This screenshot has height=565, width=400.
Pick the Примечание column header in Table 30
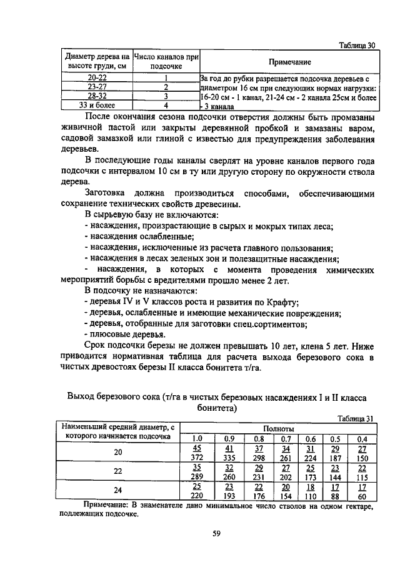(289, 62)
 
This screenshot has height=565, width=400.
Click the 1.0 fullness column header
(197, 438)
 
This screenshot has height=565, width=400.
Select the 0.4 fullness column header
(362, 438)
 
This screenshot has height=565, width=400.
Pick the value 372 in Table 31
(197, 457)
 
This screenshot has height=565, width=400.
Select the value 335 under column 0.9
(229, 457)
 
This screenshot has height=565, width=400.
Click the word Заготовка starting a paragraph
(108, 194)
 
